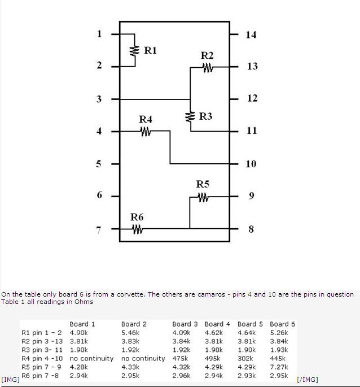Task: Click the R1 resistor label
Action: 151,50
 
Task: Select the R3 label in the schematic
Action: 205,116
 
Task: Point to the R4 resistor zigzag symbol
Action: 146,132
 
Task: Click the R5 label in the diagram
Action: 203,184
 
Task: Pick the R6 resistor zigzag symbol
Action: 137,229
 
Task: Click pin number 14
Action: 251,34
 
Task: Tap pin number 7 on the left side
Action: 99,230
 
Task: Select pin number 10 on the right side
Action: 251,164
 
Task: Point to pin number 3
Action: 99,99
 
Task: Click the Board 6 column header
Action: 282,324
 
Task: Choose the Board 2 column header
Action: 134,324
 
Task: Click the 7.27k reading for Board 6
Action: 279,367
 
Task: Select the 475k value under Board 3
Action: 181,358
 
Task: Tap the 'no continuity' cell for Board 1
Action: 91,358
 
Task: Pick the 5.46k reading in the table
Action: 130,333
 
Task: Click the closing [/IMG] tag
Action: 307,380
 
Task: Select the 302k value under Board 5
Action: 246,358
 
